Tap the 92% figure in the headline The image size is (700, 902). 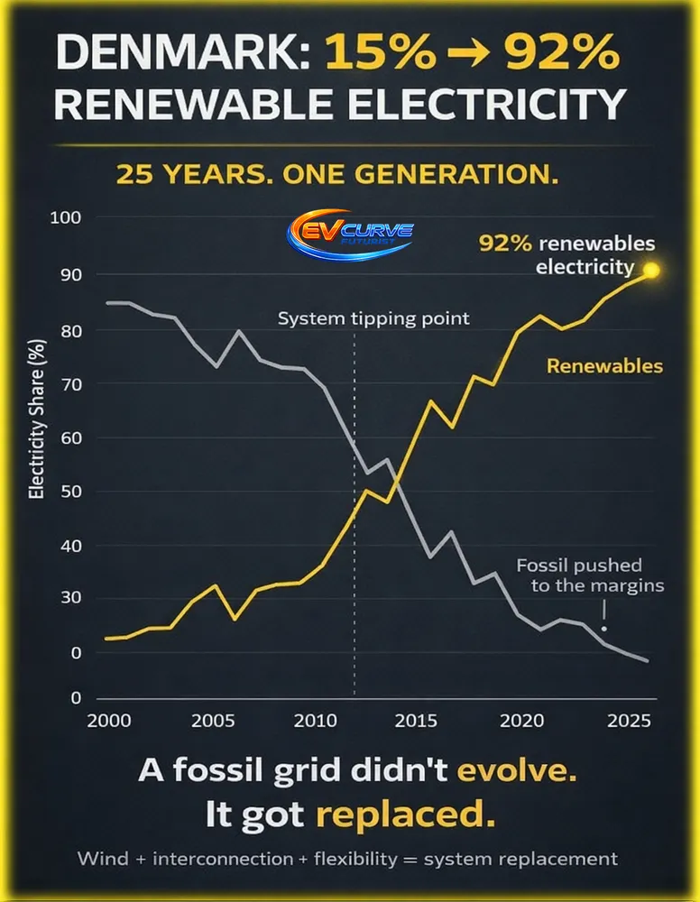tap(568, 55)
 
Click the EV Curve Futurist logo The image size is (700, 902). tap(350, 232)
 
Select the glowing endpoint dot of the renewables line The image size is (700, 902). tap(651, 270)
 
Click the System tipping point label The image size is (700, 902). tap(373, 319)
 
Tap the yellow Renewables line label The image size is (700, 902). tap(604, 366)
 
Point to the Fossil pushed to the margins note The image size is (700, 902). tap(591, 575)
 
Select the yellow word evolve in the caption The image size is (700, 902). tap(515, 773)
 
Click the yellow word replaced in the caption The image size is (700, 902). tap(405, 815)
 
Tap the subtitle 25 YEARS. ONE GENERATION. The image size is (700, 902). tap(336, 174)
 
